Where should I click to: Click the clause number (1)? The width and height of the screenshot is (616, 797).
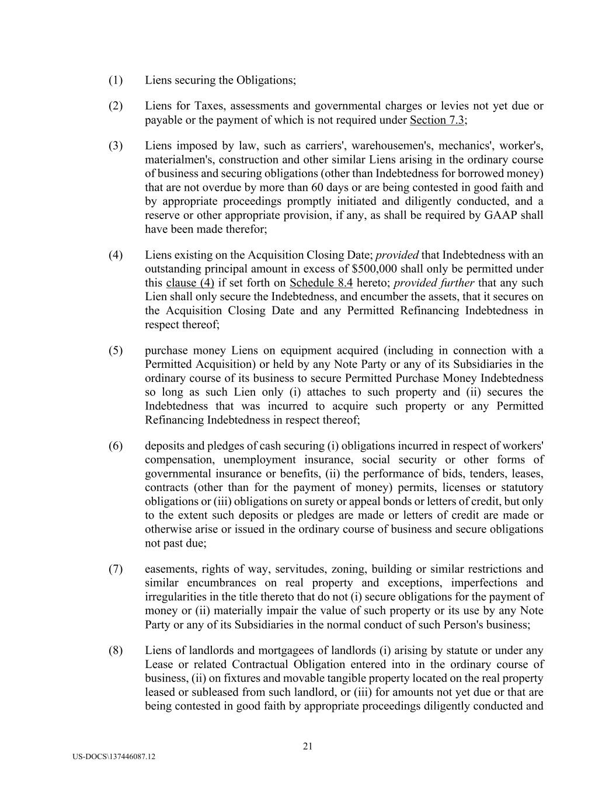(x=115, y=80)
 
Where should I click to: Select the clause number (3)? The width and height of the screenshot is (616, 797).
(x=115, y=146)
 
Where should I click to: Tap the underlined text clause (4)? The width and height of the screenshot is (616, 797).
(x=190, y=283)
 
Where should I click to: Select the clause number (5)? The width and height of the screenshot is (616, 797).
(x=115, y=351)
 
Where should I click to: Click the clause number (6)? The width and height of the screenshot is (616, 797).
(x=115, y=446)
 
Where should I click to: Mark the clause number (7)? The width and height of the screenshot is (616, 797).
(x=115, y=569)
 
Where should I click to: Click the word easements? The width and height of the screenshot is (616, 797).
(x=170, y=569)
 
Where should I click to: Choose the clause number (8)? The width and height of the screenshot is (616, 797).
(x=115, y=651)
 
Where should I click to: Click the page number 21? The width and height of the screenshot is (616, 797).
(x=308, y=746)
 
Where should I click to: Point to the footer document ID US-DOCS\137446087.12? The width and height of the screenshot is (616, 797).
(x=114, y=757)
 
